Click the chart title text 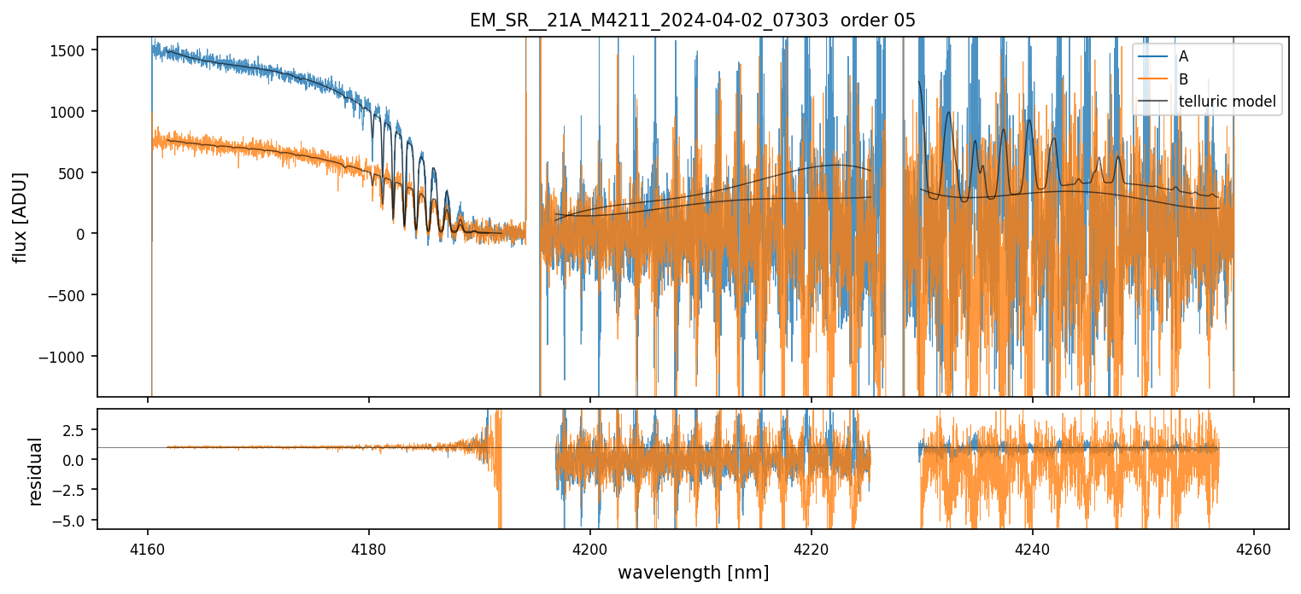pos(692,20)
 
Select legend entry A pos(1183,56)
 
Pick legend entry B pos(1183,79)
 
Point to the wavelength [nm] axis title pos(692,573)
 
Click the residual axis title pos(36,470)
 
